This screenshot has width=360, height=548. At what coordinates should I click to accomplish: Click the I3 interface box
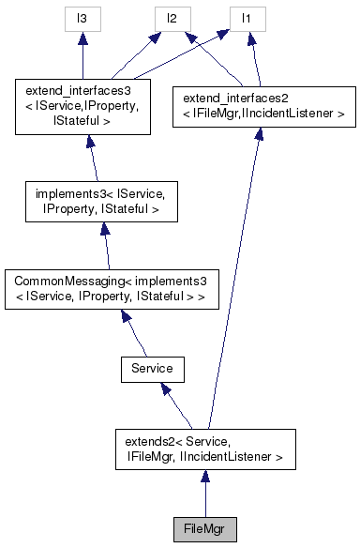[x=82, y=17]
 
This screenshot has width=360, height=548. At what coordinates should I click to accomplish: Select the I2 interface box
[x=172, y=17]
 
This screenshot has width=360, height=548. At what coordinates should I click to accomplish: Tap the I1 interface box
[x=246, y=17]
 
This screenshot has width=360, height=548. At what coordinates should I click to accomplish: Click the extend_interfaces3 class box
[x=82, y=105]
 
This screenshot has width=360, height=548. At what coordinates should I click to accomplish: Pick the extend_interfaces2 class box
[x=263, y=105]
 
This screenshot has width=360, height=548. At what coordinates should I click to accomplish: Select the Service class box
[x=152, y=369]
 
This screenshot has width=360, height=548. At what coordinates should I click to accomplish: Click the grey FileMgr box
[x=204, y=526]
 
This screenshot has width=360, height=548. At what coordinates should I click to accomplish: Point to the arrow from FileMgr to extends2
[x=204, y=493]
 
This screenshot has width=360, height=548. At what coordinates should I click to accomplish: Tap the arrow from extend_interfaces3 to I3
[x=82, y=56]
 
